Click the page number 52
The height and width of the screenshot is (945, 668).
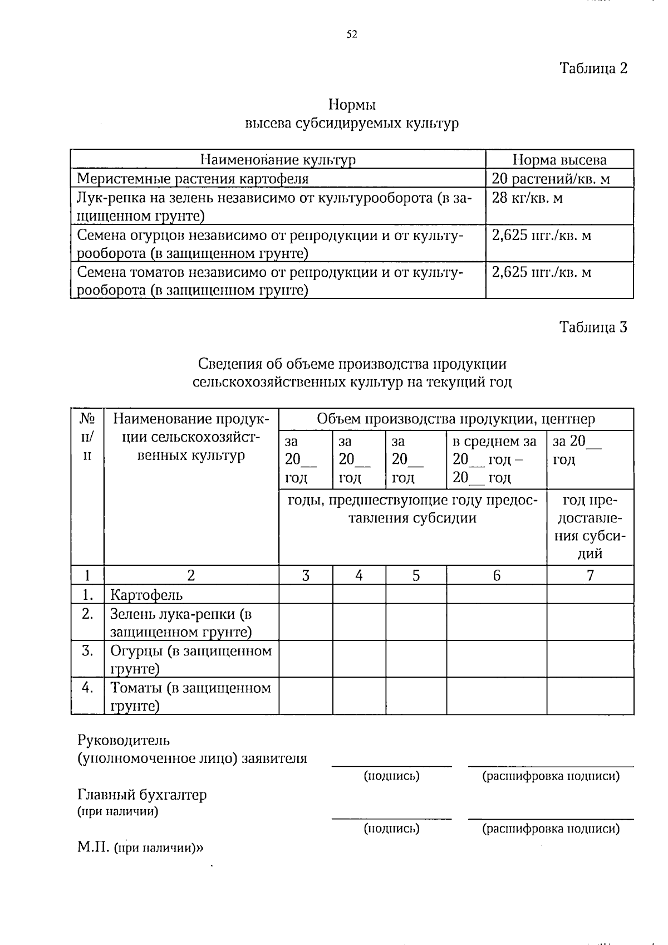(351, 35)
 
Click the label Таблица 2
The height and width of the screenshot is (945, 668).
(593, 68)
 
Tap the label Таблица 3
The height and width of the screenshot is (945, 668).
(593, 327)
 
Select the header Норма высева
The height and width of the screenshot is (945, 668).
(559, 160)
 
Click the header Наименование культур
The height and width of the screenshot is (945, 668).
(278, 160)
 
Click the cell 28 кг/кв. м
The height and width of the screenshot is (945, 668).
(527, 198)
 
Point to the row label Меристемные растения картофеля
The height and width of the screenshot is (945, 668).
(193, 179)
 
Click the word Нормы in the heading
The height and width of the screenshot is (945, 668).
(352, 105)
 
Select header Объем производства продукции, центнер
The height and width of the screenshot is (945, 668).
(455, 419)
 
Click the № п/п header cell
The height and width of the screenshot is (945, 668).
(87, 437)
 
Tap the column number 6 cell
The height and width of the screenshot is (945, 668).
(496, 575)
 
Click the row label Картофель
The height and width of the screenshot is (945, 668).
(146, 595)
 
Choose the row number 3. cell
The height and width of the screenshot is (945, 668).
(87, 650)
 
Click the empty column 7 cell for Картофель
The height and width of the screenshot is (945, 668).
(590, 594)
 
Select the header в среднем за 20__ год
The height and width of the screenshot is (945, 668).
(495, 459)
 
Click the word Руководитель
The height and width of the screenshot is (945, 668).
(124, 741)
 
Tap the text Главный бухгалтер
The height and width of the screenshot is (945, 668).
(142, 795)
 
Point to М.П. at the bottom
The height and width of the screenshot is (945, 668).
(94, 848)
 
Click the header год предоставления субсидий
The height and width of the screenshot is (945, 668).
(590, 526)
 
